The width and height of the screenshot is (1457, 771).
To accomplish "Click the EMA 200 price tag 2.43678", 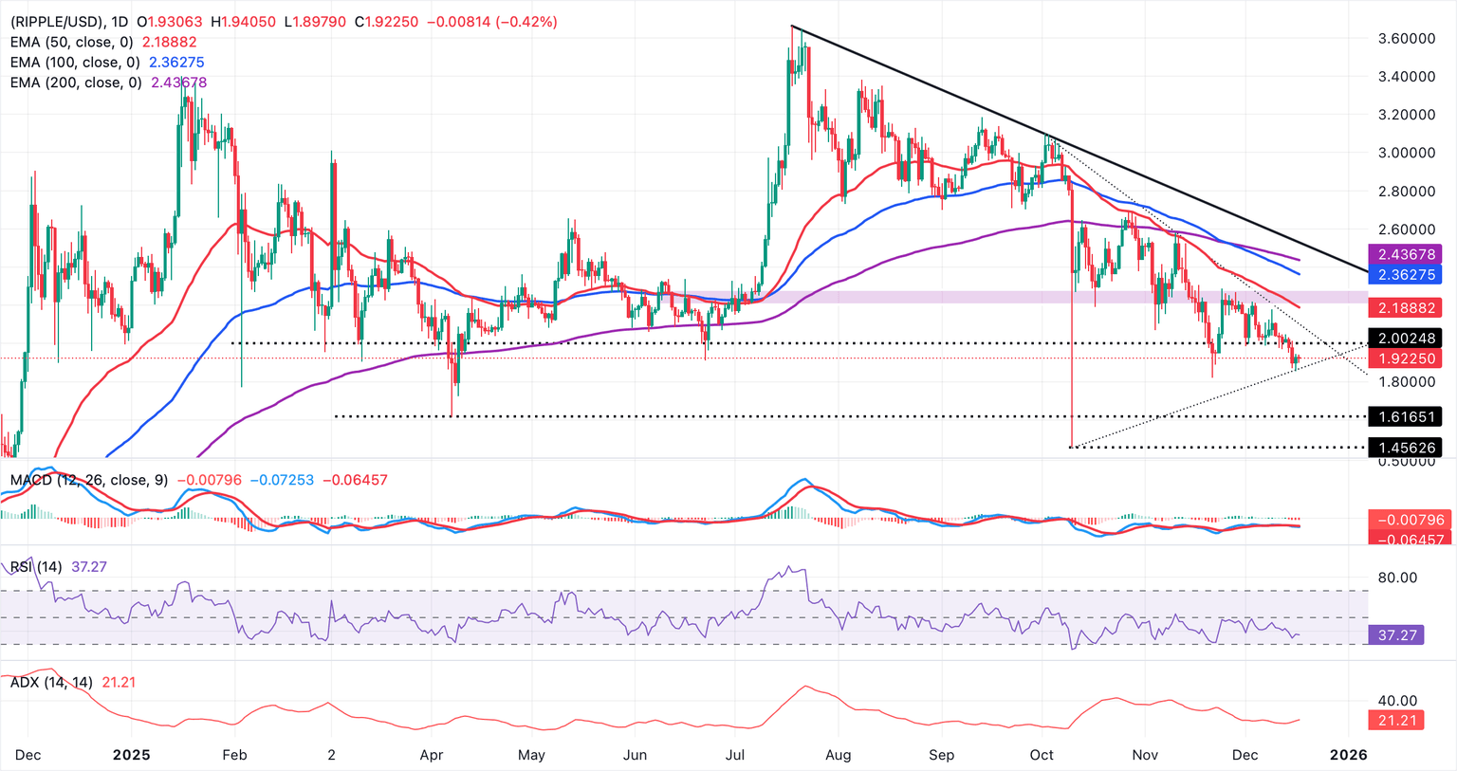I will coord(1404,254).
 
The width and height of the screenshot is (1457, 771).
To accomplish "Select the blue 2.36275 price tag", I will coord(1404,274).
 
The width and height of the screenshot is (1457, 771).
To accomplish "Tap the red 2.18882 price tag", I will coord(1404,308).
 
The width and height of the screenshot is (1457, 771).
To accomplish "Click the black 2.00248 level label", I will coord(1404,339).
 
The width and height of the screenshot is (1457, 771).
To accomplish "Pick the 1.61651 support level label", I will coord(1404,416).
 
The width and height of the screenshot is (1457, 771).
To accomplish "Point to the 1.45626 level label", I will coord(1404,447).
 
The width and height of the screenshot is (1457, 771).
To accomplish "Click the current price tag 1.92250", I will coord(1404,358).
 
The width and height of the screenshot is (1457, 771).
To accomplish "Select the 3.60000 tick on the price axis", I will coord(1406,38).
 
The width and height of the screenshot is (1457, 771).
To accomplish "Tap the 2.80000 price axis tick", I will coord(1406,191).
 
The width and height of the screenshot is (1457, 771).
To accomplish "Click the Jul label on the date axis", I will coord(736,755).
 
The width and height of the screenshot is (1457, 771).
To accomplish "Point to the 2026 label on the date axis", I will coord(1348,755).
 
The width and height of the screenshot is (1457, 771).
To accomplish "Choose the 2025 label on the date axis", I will coord(132,755).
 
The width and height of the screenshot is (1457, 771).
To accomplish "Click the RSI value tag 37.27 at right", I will coord(1396,634).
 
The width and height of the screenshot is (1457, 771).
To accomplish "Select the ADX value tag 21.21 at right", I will coord(1396,721).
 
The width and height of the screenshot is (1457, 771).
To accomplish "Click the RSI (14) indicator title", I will coord(36,567).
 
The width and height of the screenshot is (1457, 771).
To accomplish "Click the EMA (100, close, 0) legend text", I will coord(75,63).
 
